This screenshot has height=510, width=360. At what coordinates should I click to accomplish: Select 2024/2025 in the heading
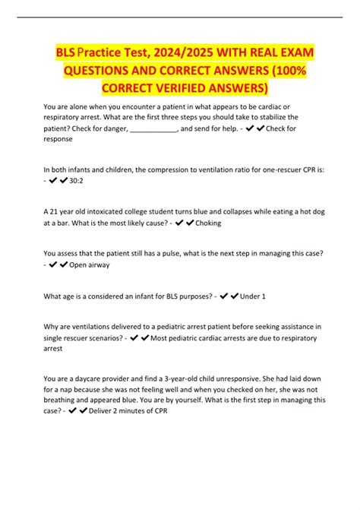187,55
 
